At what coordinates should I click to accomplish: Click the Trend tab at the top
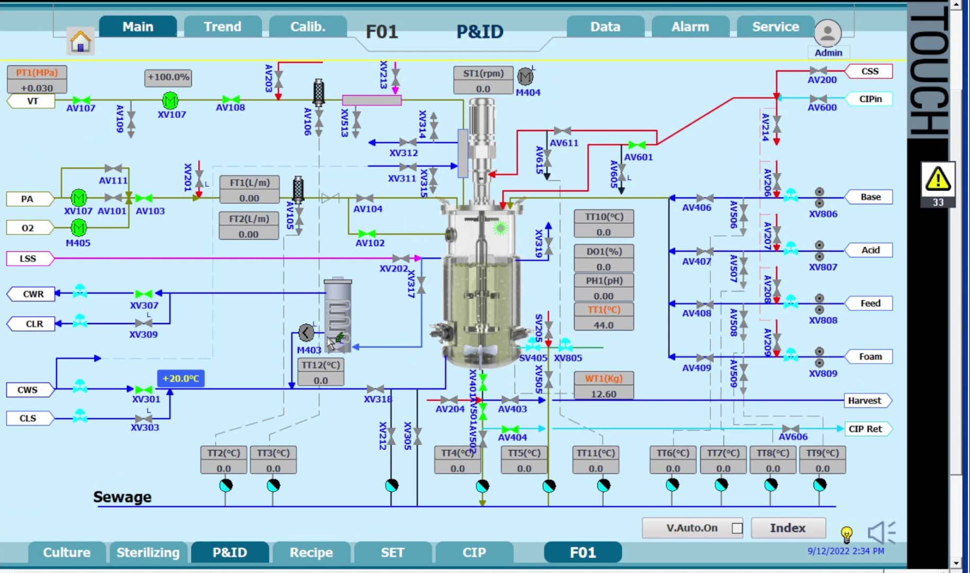(x=223, y=27)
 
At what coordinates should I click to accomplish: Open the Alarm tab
(x=690, y=27)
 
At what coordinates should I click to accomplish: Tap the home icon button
(x=81, y=41)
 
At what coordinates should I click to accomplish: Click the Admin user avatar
(x=827, y=33)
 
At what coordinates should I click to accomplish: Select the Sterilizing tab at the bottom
(x=148, y=552)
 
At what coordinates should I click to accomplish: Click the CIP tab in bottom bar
(x=474, y=552)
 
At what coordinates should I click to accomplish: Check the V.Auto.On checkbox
(x=737, y=528)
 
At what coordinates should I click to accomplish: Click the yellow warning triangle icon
(x=938, y=179)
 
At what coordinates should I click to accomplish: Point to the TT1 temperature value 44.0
(x=603, y=325)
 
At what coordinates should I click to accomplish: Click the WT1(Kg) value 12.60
(x=603, y=394)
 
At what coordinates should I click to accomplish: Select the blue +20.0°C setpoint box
(x=181, y=378)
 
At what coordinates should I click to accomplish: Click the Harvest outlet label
(x=865, y=401)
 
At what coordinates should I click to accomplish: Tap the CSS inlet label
(x=869, y=71)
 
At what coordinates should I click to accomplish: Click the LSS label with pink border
(x=29, y=258)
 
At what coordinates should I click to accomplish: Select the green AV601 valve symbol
(x=637, y=145)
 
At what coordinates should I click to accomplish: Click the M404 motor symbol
(x=525, y=77)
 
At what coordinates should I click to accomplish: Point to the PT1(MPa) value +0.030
(x=37, y=88)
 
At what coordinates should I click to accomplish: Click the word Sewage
(x=122, y=497)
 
